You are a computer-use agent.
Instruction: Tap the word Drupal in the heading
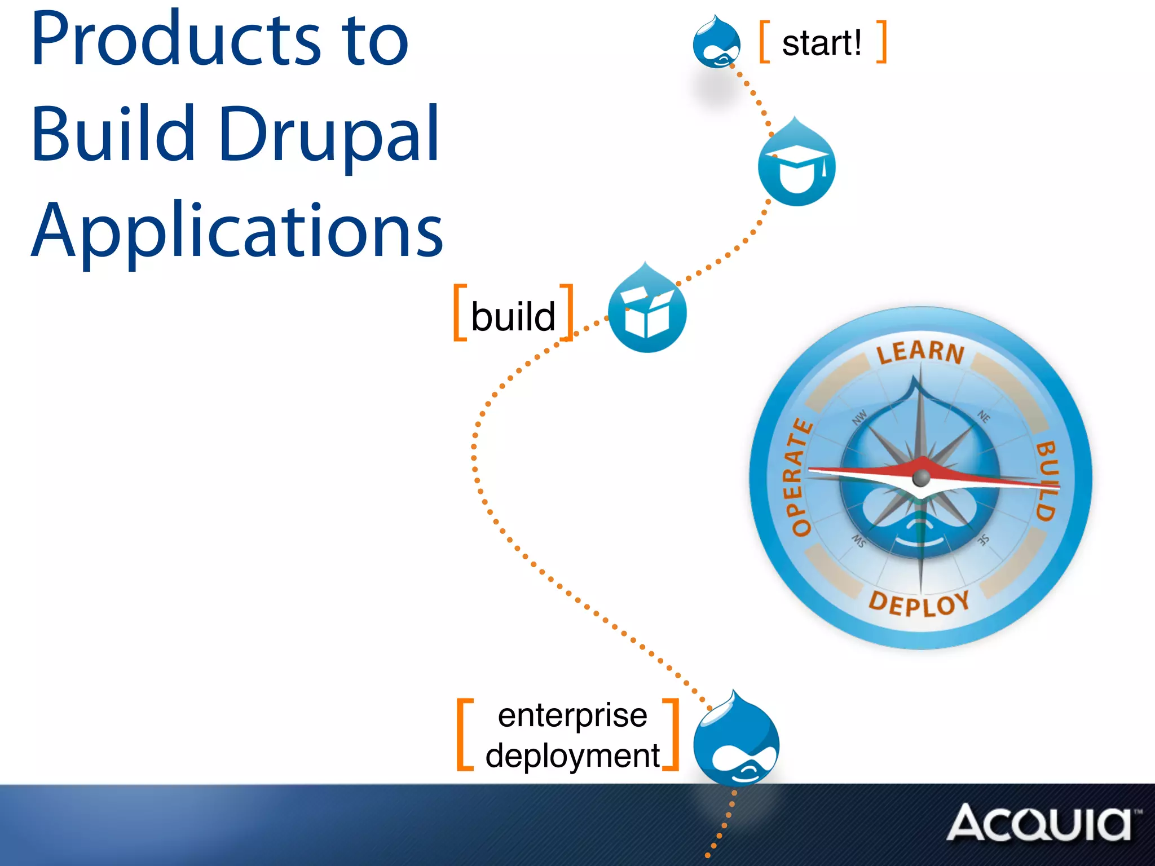click(329, 135)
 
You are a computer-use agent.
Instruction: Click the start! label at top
click(822, 43)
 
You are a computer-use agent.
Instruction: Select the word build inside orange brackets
click(513, 316)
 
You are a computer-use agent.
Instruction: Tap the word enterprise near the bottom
click(572, 715)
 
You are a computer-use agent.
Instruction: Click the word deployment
click(572, 755)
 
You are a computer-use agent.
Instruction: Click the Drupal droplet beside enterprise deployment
click(736, 741)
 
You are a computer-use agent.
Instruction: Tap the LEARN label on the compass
click(920, 351)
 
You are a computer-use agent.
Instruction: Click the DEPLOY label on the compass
click(919, 604)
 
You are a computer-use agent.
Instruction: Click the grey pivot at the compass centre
click(921, 478)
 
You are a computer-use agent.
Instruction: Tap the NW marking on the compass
click(859, 417)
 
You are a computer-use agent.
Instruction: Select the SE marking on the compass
click(983, 540)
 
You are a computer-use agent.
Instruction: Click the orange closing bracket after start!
click(882, 42)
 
